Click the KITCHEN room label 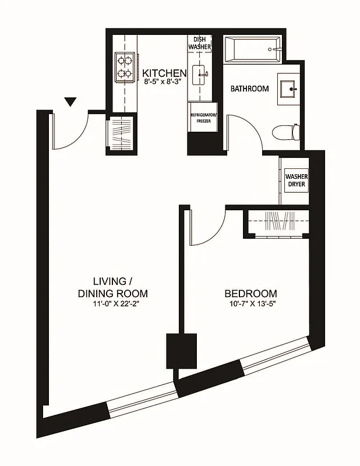pos(165,73)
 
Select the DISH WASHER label pos(199,43)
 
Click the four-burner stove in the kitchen pos(125,65)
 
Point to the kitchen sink pos(202,73)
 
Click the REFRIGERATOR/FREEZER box pos(203,118)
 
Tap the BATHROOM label pos(249,89)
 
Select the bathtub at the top pos(252,51)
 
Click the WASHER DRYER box pos(296,181)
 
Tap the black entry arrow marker pos(70,103)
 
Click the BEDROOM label pos(251,294)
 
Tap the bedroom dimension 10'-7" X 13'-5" pos(251,305)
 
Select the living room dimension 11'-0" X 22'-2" pos(112,305)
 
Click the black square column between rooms pos(182,351)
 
